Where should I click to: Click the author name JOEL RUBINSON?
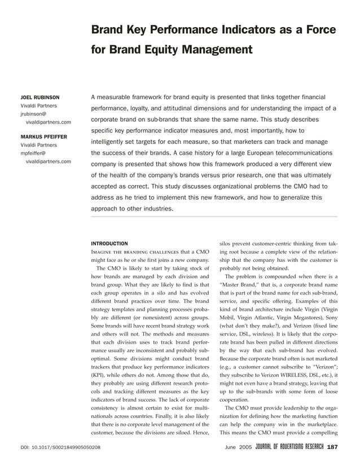coord(39,98)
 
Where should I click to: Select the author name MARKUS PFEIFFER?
coord(43,137)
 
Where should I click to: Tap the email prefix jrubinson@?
coord(35,114)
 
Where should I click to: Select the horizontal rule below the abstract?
coord(214,217)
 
